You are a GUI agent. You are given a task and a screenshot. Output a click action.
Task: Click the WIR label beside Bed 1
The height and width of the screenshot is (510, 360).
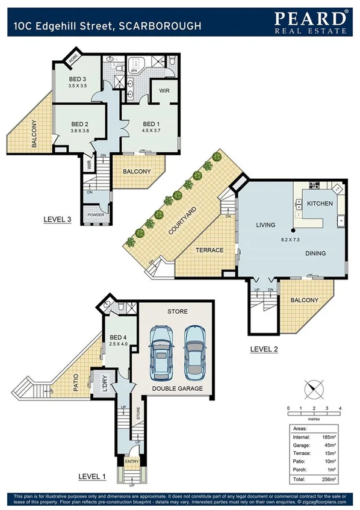(x=164, y=91)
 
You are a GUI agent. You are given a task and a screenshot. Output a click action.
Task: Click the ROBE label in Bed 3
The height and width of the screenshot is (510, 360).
(x=73, y=58)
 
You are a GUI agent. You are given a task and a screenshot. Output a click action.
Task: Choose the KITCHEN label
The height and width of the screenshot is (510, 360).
(x=320, y=204)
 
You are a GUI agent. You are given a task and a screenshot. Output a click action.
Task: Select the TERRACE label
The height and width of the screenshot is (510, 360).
(x=210, y=250)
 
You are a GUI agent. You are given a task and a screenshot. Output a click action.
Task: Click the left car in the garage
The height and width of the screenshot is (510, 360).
(x=161, y=352)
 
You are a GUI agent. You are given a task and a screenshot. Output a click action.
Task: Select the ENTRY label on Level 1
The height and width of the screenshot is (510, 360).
(x=131, y=462)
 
